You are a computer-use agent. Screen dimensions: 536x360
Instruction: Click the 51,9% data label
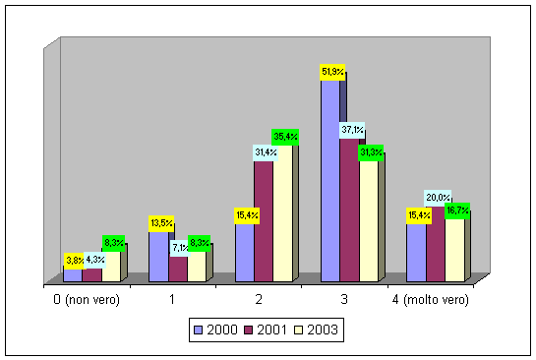[332, 72]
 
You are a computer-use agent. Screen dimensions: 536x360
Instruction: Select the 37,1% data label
[352, 130]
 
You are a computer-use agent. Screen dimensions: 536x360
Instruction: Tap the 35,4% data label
[285, 137]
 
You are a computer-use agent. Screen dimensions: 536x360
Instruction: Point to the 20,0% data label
[438, 198]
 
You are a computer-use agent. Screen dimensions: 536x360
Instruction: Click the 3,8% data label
[74, 261]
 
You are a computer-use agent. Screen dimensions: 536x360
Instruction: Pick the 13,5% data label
[161, 223]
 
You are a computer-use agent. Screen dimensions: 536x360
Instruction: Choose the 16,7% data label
[457, 210]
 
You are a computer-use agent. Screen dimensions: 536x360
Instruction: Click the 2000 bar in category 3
[330, 181]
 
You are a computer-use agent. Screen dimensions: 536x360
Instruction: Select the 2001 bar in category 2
[264, 221]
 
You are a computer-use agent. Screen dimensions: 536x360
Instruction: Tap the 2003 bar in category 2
[282, 213]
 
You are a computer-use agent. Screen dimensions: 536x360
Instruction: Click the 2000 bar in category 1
[158, 257]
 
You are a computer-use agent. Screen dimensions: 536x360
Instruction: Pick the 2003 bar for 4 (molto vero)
[454, 251]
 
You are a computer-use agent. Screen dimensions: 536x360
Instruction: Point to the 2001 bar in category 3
[349, 210]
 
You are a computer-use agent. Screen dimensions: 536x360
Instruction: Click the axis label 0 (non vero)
[87, 300]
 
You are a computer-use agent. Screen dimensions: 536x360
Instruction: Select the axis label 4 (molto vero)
[431, 300]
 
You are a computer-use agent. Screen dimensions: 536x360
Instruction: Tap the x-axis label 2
[259, 299]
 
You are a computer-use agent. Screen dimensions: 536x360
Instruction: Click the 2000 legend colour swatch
[198, 330]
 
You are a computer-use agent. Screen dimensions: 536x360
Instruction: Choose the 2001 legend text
[271, 330]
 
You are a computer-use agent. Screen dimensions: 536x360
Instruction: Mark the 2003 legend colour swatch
[298, 330]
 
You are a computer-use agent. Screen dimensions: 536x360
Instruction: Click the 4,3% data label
[94, 261]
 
